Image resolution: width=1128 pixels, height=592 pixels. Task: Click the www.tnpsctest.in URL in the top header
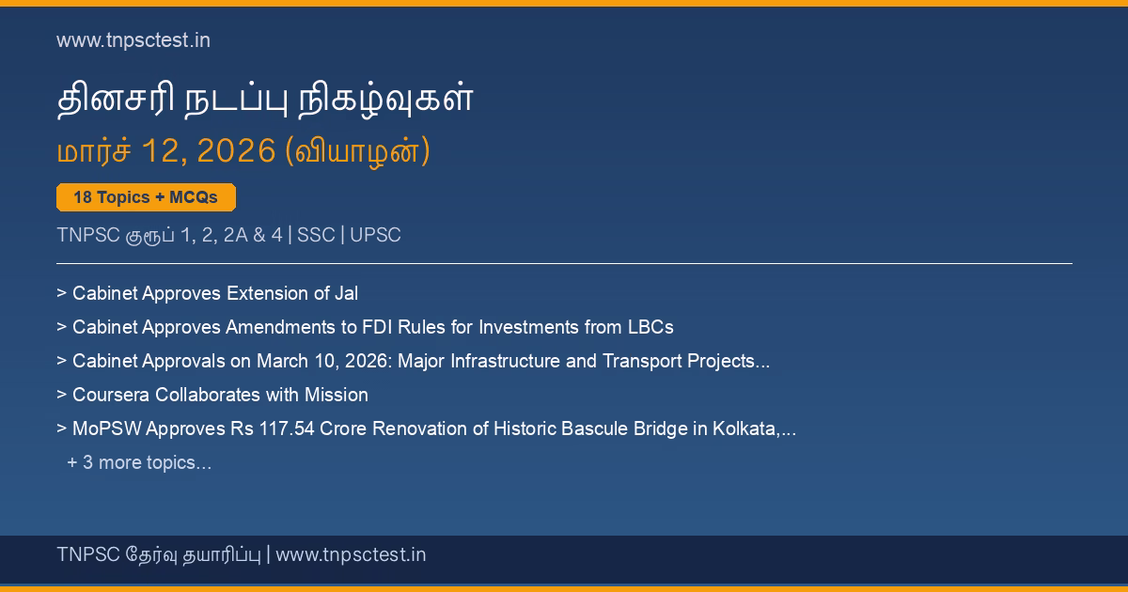click(x=133, y=40)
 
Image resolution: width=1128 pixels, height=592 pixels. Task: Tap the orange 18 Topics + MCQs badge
click(x=146, y=197)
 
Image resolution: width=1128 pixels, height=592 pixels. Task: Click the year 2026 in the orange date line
click(x=236, y=150)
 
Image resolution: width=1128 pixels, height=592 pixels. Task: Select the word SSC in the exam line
click(x=316, y=235)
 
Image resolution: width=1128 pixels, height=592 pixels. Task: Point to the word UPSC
click(x=375, y=235)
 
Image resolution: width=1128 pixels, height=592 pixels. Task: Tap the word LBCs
click(x=650, y=327)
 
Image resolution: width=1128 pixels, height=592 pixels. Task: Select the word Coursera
click(x=111, y=395)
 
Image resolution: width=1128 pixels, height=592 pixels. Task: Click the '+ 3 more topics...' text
click(x=139, y=462)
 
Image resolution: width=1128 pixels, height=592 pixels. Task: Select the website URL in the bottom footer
click(x=351, y=554)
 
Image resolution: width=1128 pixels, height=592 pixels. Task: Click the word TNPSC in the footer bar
click(x=88, y=554)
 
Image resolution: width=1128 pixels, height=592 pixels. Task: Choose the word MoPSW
click(x=107, y=428)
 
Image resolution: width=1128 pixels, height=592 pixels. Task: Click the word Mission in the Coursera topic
click(x=337, y=395)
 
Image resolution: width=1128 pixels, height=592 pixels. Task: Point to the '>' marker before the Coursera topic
click(x=61, y=395)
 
